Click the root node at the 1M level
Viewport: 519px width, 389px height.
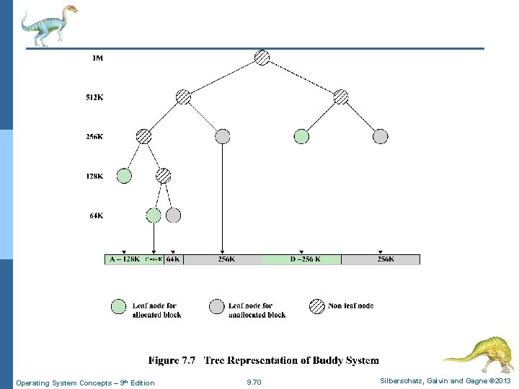(x=262, y=58)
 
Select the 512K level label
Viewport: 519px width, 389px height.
(x=94, y=97)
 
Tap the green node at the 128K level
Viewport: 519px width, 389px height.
(x=124, y=175)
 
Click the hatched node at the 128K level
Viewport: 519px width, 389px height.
(x=164, y=175)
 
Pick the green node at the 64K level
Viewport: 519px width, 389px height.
(x=154, y=215)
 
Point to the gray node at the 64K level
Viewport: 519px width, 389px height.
(x=173, y=215)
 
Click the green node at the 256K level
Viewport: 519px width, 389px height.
(x=301, y=136)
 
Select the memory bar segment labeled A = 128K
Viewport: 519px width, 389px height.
(x=124, y=259)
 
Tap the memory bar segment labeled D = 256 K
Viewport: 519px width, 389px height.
(x=301, y=259)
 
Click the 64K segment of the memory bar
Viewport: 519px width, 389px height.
(x=173, y=259)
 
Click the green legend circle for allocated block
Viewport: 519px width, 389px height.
(x=118, y=306)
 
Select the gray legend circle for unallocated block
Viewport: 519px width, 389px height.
(x=216, y=306)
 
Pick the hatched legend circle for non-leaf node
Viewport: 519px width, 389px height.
(x=316, y=306)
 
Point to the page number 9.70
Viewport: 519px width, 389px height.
(x=254, y=383)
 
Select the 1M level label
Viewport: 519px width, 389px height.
(x=98, y=58)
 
